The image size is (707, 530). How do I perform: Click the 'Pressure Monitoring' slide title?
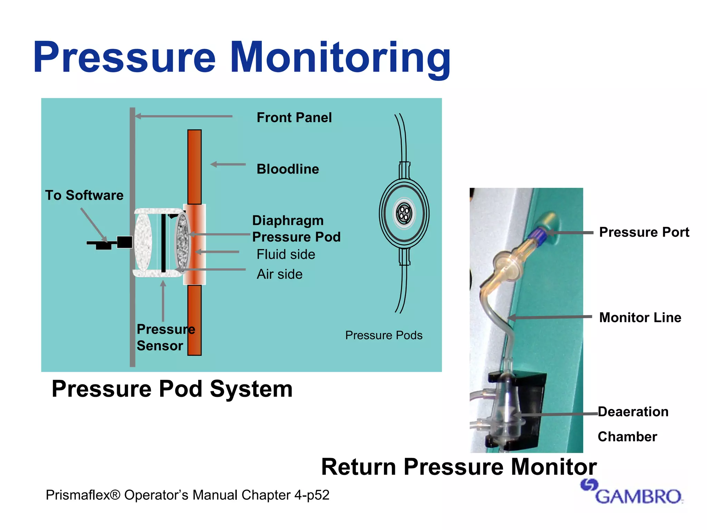242,57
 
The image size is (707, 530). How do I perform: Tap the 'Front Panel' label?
294,118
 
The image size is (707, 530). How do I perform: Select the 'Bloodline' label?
288,169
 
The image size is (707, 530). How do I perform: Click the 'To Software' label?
84,195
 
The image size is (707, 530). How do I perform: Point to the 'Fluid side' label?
286,254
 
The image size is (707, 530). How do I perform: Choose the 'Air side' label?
280,274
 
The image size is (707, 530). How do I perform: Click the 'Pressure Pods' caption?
384,335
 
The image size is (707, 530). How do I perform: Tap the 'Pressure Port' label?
644,232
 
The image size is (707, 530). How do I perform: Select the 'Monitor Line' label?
640,317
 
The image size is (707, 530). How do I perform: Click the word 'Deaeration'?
633,412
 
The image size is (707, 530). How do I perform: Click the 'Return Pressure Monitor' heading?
459,467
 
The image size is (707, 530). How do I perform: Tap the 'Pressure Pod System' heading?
172,389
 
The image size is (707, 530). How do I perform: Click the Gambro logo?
632,492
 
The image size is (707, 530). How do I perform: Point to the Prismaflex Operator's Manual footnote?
187,495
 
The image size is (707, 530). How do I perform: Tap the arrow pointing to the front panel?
183,116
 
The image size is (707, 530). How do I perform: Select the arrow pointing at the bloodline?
228,164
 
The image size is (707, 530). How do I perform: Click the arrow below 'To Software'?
94,224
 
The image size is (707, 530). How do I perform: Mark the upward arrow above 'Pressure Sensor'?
163,301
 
